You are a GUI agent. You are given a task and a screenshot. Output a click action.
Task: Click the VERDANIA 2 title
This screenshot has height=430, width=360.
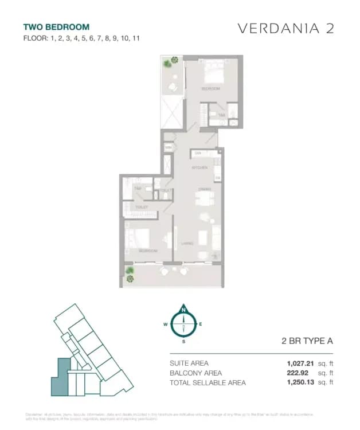[x=285, y=29]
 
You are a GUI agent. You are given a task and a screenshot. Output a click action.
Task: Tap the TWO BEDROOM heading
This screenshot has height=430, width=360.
[x=56, y=27]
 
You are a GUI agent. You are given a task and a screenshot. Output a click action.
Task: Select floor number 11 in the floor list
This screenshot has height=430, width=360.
[x=136, y=38]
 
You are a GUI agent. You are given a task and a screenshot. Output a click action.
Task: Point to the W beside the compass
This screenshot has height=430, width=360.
[x=165, y=325]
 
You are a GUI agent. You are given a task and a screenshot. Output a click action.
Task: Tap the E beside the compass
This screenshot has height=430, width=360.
[x=201, y=325]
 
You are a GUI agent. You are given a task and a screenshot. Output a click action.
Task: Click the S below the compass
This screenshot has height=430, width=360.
[x=183, y=342]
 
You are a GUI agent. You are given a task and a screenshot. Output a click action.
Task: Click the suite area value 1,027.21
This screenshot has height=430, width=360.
[x=302, y=363]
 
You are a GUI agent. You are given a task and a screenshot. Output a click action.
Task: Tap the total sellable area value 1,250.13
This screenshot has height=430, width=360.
[x=302, y=382]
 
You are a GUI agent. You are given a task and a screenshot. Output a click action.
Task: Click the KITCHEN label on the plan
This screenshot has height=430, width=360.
[x=199, y=167]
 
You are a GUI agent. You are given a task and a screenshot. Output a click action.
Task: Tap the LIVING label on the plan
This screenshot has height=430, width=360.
[x=187, y=243]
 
